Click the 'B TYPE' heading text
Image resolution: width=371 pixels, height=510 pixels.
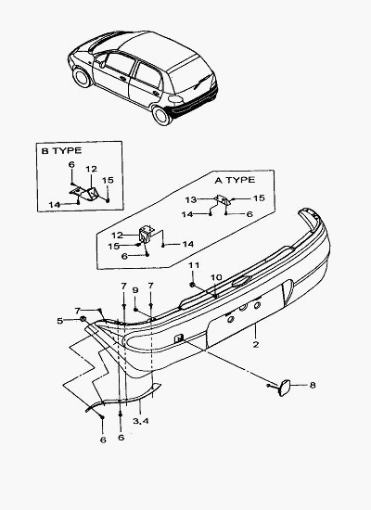(61, 150)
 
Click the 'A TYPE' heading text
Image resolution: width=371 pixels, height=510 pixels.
(235, 180)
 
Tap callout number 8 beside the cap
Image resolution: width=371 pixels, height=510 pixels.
(312, 385)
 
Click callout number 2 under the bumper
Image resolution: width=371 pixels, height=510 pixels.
(256, 344)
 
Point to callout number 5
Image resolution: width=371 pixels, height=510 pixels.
(60, 321)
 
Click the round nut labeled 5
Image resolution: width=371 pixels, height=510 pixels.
(83, 319)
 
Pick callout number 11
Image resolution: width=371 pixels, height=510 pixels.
(194, 265)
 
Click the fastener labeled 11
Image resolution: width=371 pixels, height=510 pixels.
(192, 285)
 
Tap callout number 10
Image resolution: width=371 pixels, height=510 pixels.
(216, 277)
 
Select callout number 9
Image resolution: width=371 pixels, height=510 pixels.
(136, 289)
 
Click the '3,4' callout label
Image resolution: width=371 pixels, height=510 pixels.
(141, 421)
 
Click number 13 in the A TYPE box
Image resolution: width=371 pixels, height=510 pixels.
(191, 199)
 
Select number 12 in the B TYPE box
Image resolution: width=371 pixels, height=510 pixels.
(92, 169)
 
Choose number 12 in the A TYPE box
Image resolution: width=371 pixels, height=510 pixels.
(117, 235)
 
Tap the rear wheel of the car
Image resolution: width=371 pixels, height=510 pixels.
(161, 116)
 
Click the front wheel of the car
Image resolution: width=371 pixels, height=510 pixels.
(82, 77)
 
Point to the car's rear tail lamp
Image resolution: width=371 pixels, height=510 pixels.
(175, 99)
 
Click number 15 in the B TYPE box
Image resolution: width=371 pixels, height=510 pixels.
(108, 180)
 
